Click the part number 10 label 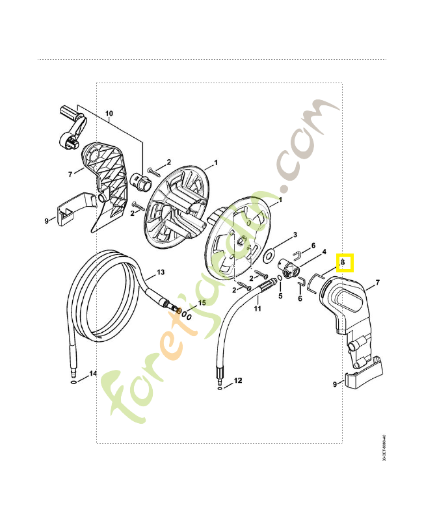pyautogui.click(x=109, y=113)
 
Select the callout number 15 pyautogui.click(x=202, y=303)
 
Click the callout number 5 pyautogui.click(x=281, y=296)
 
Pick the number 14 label pyautogui.click(x=93, y=374)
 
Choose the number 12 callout pyautogui.click(x=237, y=379)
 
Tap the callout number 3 pyautogui.click(x=295, y=235)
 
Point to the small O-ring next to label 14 pyautogui.click(x=74, y=383)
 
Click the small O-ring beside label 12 pyautogui.click(x=219, y=387)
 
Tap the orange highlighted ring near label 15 pyautogui.click(x=180, y=311)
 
